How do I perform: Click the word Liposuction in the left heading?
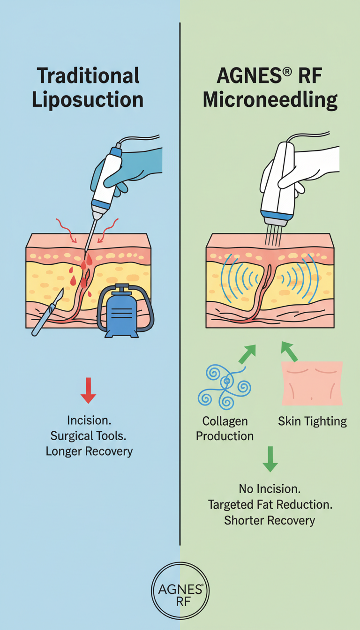coord(87,101)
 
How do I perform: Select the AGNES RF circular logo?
coord(180,592)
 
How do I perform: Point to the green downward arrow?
coord(270,459)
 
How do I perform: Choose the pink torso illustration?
coord(312,383)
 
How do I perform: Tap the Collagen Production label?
coord(225,428)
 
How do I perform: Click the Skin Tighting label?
coord(312,421)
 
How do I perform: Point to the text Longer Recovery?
coord(89,451)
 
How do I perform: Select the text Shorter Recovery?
coord(270,520)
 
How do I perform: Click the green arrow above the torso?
coord(289,351)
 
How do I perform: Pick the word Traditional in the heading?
coord(88,76)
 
